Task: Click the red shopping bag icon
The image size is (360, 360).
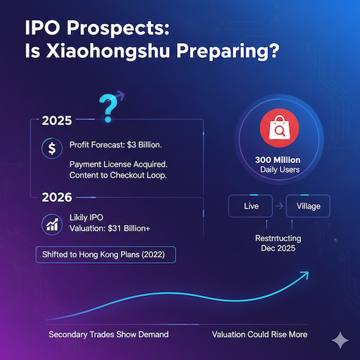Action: [274, 129]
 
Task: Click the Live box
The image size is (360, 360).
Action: [251, 207]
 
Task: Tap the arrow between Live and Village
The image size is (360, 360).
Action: [279, 207]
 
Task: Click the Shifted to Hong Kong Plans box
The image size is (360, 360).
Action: [105, 255]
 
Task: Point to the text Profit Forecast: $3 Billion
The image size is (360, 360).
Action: [116, 145]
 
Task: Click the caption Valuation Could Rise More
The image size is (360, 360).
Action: [259, 333]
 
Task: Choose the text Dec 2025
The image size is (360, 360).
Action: [279, 249]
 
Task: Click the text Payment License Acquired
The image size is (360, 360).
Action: [117, 164]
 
